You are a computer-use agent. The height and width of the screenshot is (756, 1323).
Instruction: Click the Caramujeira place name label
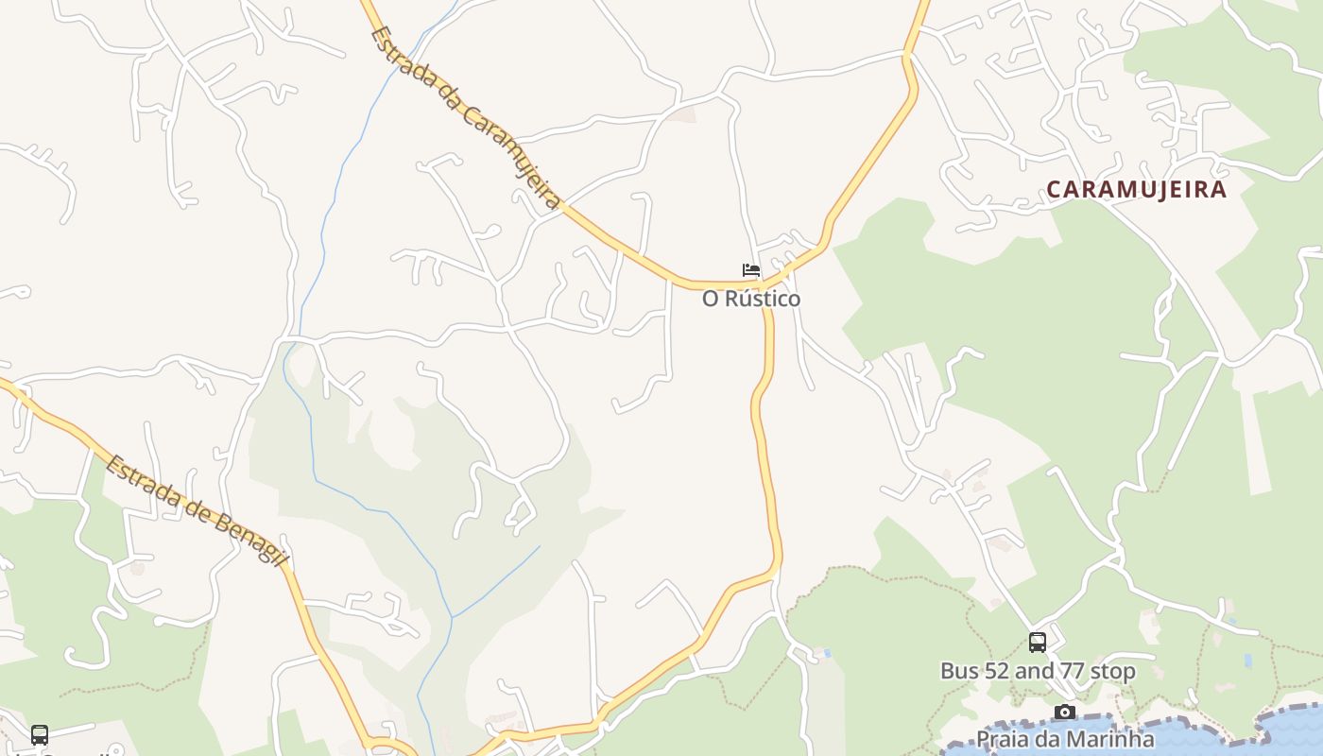tap(1136, 189)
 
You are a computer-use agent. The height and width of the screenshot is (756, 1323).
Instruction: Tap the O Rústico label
tap(751, 299)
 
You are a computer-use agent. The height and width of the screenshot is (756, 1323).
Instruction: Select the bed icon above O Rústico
tap(751, 270)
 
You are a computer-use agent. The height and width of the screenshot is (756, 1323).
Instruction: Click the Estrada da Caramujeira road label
tap(466, 116)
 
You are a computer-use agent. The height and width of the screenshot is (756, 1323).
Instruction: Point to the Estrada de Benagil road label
tap(197, 511)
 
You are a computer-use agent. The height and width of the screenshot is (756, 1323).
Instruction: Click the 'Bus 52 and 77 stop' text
tap(1038, 671)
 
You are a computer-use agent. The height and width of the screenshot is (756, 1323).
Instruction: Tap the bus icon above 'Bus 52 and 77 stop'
tap(1038, 643)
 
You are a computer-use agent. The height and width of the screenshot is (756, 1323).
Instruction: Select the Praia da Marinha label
tap(1065, 738)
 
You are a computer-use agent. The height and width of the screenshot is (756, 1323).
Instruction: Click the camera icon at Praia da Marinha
tap(1065, 712)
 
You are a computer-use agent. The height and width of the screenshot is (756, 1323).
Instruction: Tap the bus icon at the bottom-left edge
tap(40, 734)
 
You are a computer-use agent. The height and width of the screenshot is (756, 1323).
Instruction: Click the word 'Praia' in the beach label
tap(1001, 738)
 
